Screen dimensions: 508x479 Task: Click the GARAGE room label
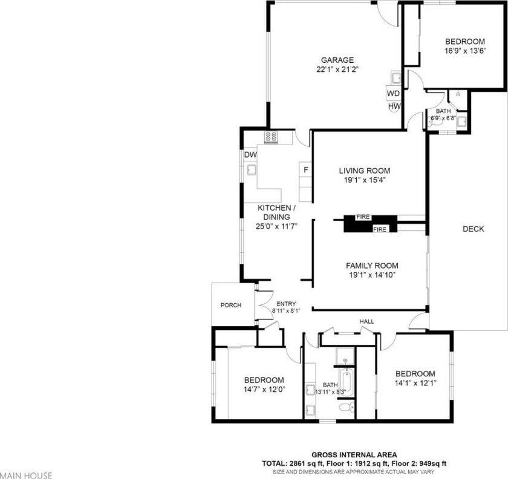click(337, 60)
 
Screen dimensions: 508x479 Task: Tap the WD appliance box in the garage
click(393, 94)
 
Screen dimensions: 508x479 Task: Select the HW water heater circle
click(394, 106)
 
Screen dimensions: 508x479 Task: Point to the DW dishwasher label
click(250, 155)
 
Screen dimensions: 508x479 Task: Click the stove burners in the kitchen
click(271, 137)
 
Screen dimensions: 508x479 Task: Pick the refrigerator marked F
click(305, 170)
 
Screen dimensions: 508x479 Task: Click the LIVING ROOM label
click(365, 171)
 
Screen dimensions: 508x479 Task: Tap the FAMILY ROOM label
click(372, 266)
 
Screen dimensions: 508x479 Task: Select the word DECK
click(474, 229)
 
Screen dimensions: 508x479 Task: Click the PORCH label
click(230, 305)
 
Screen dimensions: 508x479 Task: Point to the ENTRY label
click(286, 304)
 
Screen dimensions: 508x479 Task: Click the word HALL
click(366, 321)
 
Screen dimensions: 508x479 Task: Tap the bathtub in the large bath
click(347, 384)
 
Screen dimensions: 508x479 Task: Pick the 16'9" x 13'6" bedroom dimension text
click(465, 51)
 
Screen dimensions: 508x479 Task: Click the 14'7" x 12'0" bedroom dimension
click(264, 390)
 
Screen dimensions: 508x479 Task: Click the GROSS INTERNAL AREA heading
click(354, 455)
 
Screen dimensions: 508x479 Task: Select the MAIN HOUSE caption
click(26, 475)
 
